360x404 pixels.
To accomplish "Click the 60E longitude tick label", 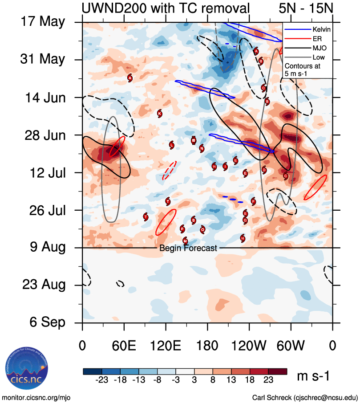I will tap(124, 346).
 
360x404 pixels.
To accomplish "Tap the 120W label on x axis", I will tap(249, 346).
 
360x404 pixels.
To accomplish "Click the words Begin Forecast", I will tap(188, 248).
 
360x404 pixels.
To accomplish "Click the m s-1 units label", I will tap(313, 376).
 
